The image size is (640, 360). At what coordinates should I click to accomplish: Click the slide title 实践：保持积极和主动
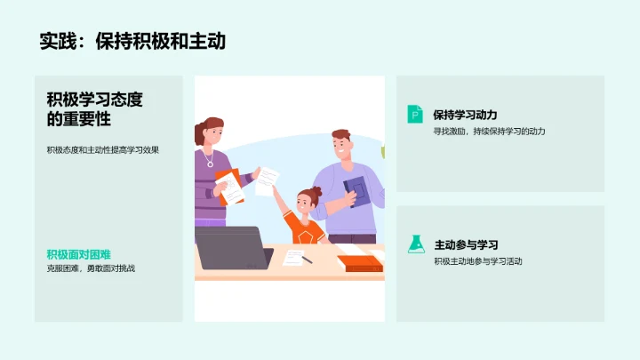132,41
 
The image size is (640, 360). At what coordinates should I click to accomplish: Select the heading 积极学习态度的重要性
94,109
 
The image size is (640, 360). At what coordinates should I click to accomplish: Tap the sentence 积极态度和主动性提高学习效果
103,149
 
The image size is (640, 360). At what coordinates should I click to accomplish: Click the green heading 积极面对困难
78,254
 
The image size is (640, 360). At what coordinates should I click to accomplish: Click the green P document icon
415,114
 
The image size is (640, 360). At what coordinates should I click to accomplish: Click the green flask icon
415,244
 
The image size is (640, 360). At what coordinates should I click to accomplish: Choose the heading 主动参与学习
465,244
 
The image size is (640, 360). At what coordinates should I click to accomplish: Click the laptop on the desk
231,248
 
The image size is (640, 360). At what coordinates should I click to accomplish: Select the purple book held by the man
356,190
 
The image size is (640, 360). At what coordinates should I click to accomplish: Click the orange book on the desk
359,263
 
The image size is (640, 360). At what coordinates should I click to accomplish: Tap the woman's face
212,138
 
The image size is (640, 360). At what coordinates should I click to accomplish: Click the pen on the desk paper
307,260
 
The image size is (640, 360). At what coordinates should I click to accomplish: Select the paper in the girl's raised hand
266,181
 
